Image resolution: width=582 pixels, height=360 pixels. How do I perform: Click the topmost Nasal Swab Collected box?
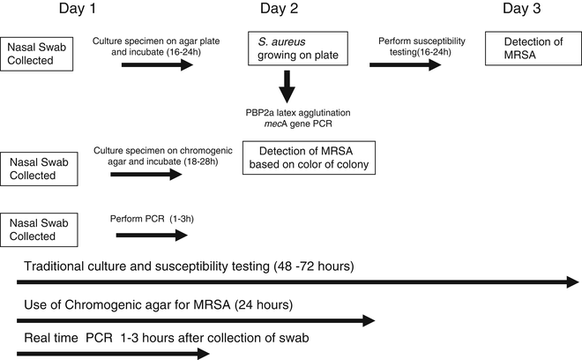tap(37, 52)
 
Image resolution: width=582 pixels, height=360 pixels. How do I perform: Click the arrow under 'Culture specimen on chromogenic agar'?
tap(146, 174)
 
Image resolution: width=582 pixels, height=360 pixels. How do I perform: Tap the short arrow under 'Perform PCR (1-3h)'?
tap(152, 235)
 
